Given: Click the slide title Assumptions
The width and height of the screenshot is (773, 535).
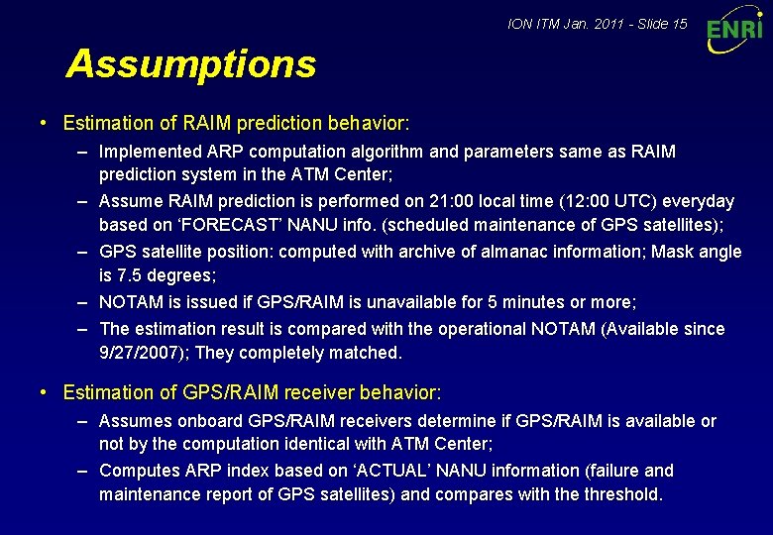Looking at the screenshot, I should click(x=190, y=64).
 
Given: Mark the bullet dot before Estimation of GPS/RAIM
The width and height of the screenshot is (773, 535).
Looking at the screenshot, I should click(x=45, y=392).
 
